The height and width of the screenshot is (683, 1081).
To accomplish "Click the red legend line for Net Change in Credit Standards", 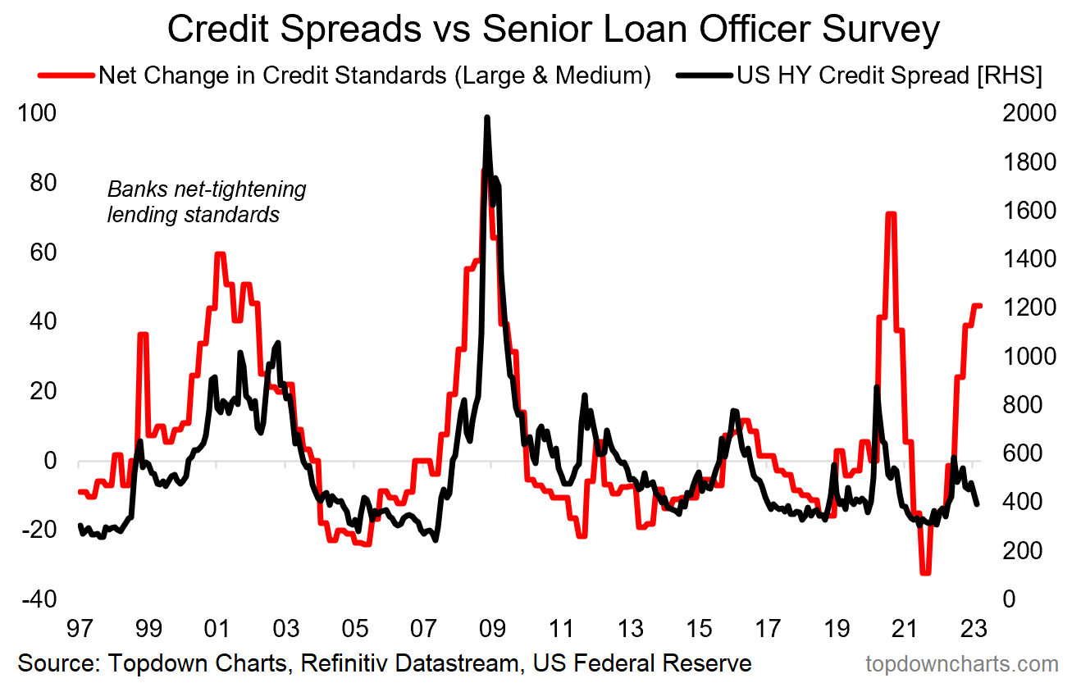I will click(x=65, y=75).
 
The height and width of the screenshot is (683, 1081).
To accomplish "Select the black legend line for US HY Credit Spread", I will click(x=703, y=75).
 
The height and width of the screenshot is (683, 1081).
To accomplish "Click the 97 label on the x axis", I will click(x=79, y=629).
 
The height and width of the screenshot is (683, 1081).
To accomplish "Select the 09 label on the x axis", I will click(x=491, y=629).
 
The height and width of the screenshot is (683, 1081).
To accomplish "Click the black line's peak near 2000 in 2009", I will click(x=487, y=118).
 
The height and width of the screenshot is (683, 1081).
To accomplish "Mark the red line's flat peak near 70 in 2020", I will click(x=891, y=214).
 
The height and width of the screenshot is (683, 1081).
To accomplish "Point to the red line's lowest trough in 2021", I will click(x=926, y=572).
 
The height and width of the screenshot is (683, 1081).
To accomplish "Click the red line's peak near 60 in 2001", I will click(x=219, y=254).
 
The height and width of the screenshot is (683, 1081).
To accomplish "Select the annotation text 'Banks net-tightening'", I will click(x=207, y=189).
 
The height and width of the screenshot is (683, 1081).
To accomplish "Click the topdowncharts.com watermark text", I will click(x=961, y=663).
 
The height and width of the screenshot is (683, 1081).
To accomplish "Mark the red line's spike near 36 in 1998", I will click(x=143, y=335).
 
